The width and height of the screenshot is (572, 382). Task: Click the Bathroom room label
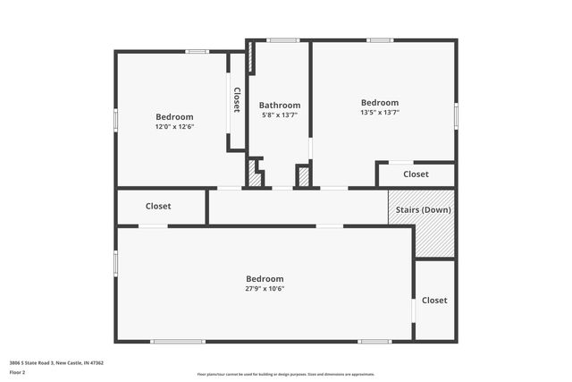[x=280, y=105]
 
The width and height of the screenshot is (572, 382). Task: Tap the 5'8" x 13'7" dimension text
[x=280, y=115]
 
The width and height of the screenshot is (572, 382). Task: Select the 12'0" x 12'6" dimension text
[x=174, y=127]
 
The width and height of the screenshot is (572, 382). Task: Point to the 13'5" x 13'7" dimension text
[x=380, y=113]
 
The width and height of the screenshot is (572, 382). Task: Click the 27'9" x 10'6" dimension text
[x=265, y=288]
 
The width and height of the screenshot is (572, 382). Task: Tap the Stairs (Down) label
[x=421, y=210]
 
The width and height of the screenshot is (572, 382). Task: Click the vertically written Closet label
[x=237, y=99]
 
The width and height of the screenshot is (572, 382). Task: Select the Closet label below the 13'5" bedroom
[x=416, y=174]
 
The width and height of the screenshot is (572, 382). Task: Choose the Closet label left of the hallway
[x=158, y=207]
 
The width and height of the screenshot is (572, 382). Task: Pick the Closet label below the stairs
[x=434, y=301]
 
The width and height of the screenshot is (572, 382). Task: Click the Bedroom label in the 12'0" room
[x=174, y=117]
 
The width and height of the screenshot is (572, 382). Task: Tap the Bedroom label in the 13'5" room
[x=380, y=103]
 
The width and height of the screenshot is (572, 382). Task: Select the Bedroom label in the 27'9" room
[x=265, y=278]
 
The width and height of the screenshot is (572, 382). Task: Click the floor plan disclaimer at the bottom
[x=286, y=374]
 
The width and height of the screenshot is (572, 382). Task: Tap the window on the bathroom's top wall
[x=283, y=39]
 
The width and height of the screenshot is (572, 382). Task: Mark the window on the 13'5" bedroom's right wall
[x=456, y=115]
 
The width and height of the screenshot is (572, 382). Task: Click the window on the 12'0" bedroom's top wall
[x=198, y=51]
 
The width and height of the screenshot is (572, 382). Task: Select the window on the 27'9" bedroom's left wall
[x=115, y=262]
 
